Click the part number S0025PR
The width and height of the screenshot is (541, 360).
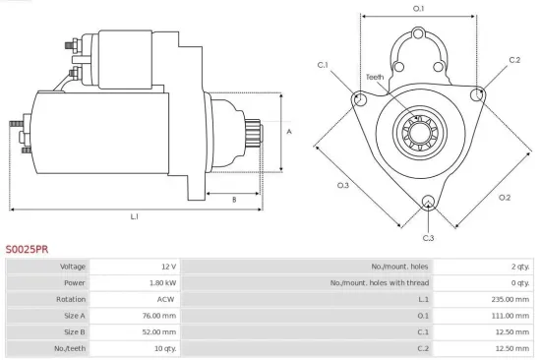point(27,250)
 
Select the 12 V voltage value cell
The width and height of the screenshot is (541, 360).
point(166,267)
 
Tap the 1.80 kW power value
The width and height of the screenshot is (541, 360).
point(162,282)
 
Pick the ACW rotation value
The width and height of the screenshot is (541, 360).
point(167,299)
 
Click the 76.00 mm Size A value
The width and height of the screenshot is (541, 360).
point(159,315)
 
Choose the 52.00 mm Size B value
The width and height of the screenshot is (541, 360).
point(159,331)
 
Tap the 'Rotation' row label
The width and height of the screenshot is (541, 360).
point(72,299)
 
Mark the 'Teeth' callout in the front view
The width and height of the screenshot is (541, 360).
point(375,76)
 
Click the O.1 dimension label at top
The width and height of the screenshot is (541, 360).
point(418,9)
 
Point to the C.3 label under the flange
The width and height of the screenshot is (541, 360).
point(428,238)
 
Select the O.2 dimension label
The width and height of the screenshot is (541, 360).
point(505,197)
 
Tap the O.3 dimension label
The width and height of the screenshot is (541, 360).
point(343,185)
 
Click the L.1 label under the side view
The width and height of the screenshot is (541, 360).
point(135,216)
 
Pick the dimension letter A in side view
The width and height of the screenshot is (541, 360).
point(288,131)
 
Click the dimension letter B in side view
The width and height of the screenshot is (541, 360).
point(233,200)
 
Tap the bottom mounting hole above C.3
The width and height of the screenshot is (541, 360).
point(428,204)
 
